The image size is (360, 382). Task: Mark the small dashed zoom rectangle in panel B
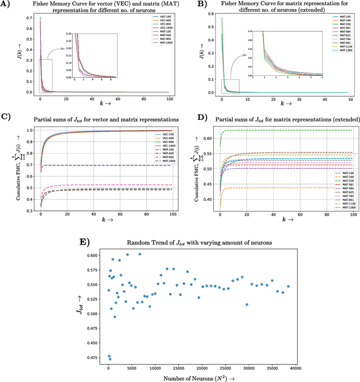231,86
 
